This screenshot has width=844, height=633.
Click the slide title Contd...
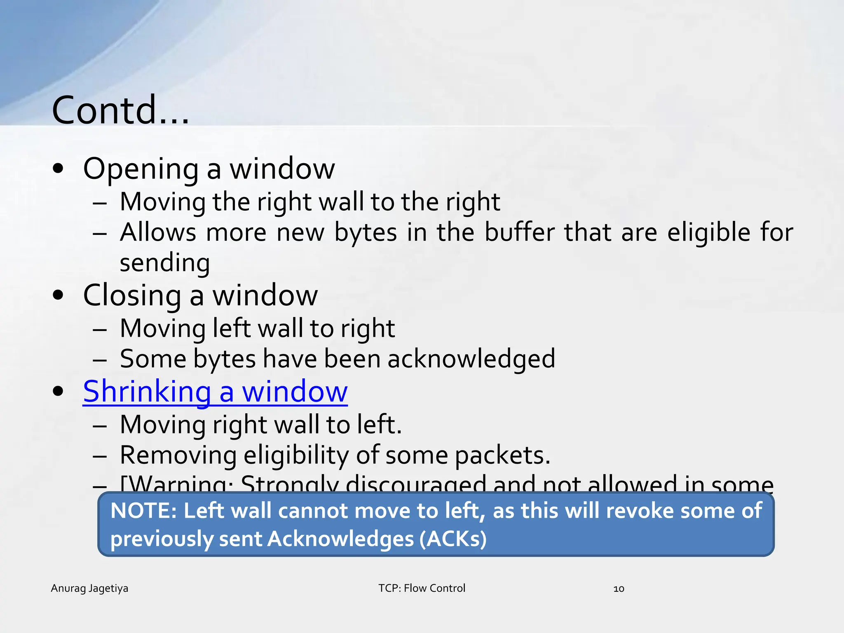[x=120, y=110]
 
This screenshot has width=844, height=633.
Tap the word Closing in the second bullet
[x=132, y=296]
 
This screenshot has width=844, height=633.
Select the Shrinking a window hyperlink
[x=215, y=392]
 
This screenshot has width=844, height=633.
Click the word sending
[x=165, y=263]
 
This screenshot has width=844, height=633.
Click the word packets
[x=502, y=455]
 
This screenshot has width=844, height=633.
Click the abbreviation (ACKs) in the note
[x=453, y=539]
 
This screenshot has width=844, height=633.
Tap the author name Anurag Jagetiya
[x=89, y=588]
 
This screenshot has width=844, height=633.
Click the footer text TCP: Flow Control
[x=422, y=588]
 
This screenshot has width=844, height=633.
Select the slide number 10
[x=619, y=589]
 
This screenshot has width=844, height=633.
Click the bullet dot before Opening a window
[x=59, y=169]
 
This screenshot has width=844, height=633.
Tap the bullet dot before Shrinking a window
[x=59, y=391]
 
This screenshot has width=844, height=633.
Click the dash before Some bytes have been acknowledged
[x=100, y=359]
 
